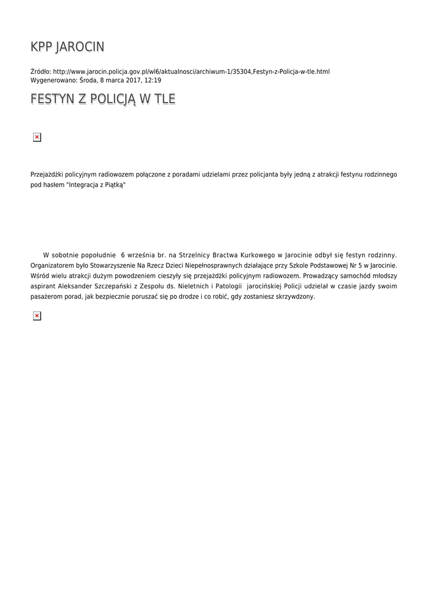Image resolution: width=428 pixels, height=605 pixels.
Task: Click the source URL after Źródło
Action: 191,71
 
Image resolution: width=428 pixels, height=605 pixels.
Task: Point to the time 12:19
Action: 152,80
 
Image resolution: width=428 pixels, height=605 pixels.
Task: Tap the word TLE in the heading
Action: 164,99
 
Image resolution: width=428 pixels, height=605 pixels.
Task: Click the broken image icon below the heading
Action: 37,137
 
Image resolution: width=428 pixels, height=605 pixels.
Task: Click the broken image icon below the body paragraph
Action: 37,316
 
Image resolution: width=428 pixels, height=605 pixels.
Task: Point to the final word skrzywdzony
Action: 295,297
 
